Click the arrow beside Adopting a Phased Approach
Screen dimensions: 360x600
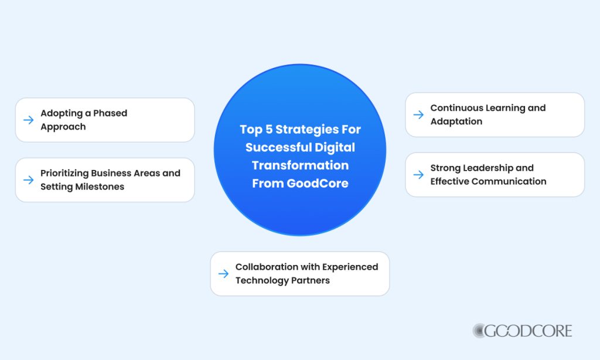[x=28, y=120]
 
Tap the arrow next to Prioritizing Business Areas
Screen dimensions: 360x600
[x=28, y=180]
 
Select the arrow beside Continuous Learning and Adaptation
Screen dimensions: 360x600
[x=418, y=115]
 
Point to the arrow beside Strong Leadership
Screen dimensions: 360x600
[x=418, y=175]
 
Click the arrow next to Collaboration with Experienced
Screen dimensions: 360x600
[x=223, y=274]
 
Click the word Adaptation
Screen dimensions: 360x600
[x=456, y=121]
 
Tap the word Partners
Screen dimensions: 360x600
[x=310, y=280]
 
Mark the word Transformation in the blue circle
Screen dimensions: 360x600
[x=300, y=165]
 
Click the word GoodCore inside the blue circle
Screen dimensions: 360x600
[x=318, y=184]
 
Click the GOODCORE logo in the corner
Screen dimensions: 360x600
[x=522, y=331]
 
